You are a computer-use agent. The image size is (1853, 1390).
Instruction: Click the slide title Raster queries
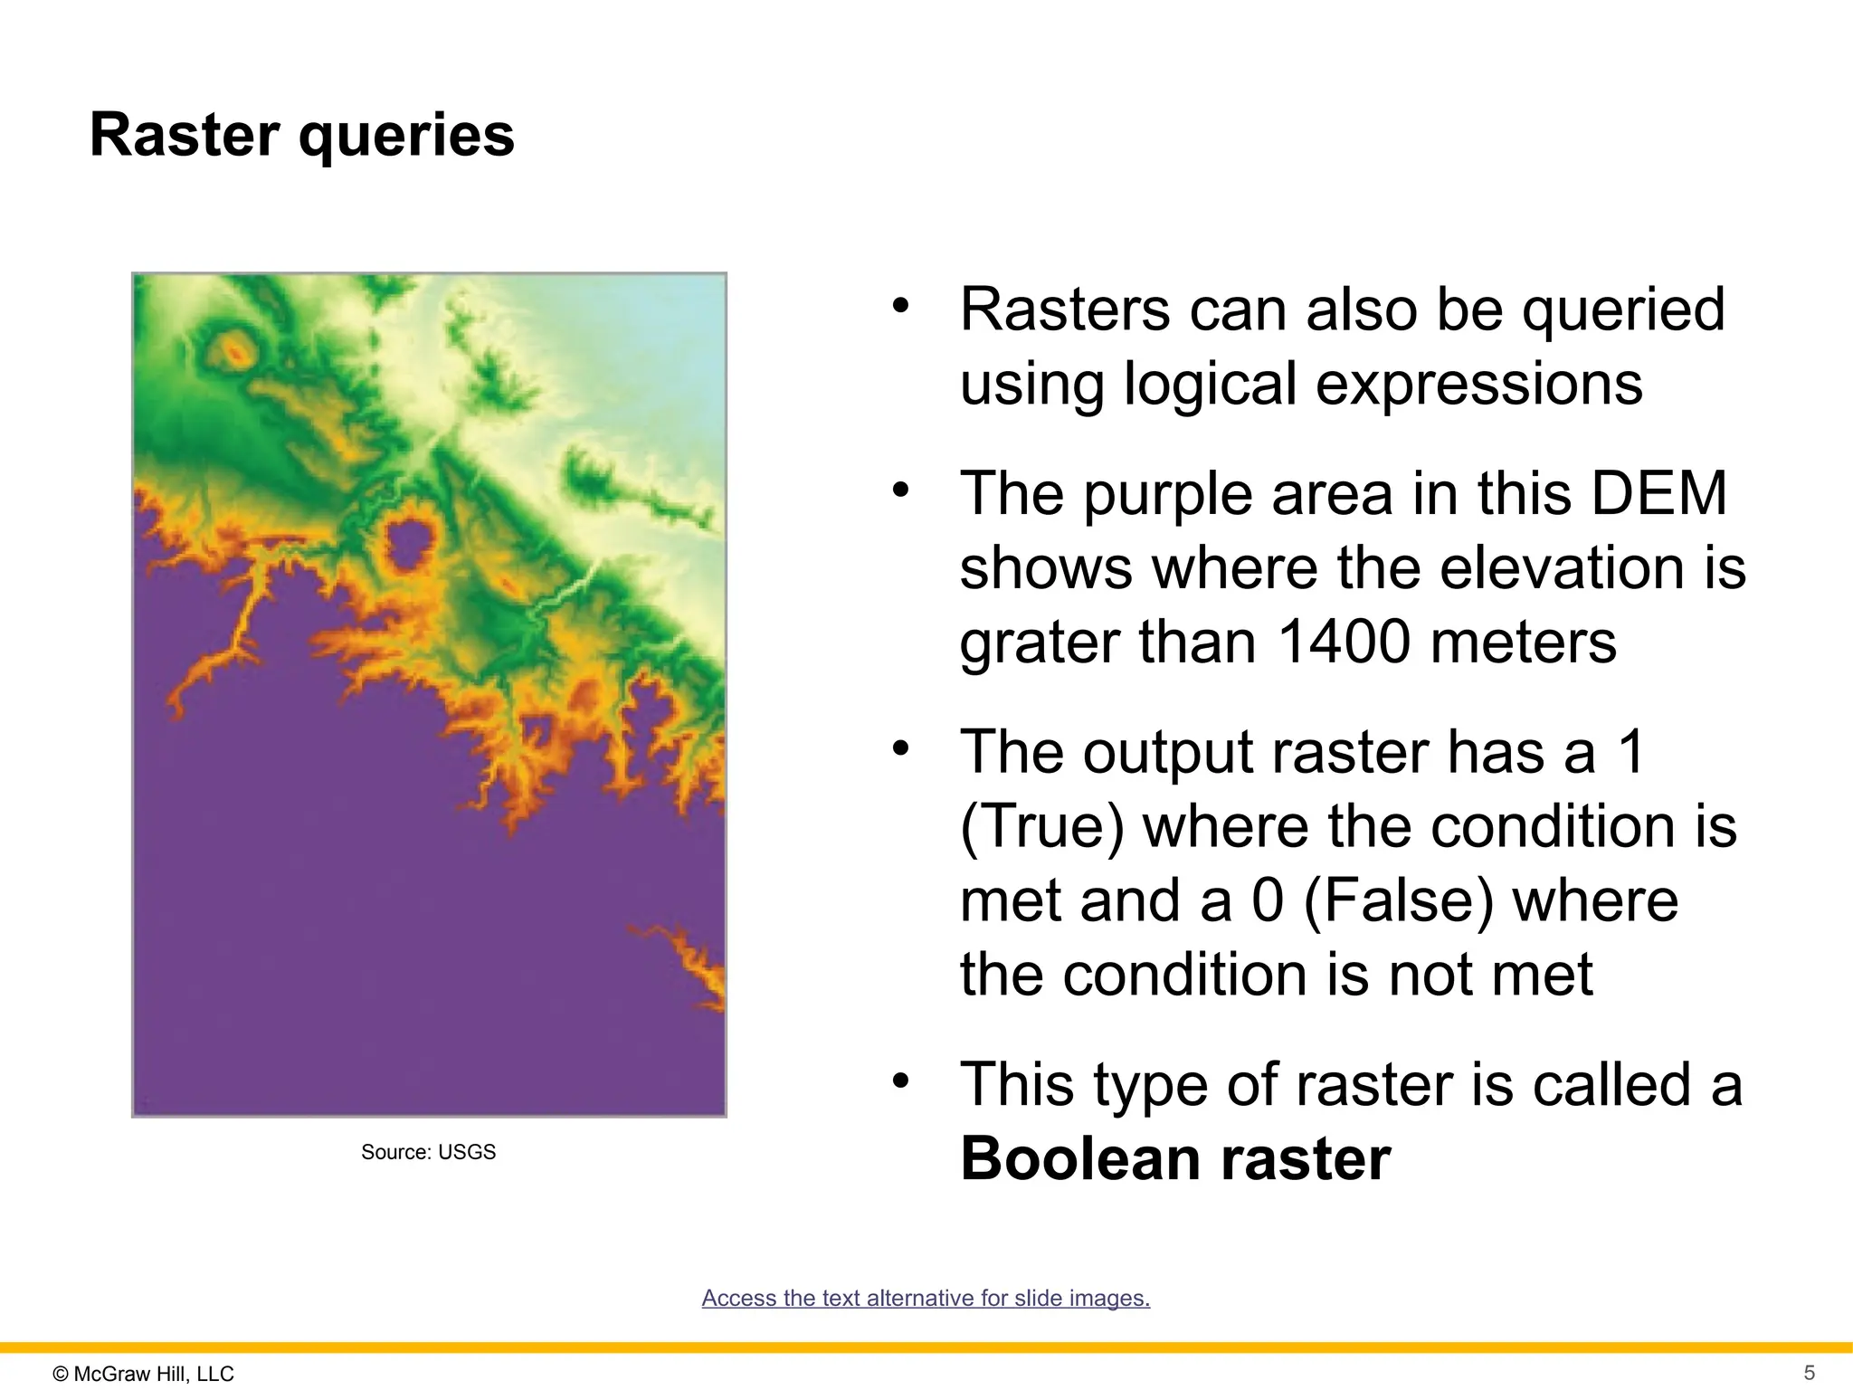pos(301,136)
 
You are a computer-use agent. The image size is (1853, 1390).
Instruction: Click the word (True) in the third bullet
pos(1041,826)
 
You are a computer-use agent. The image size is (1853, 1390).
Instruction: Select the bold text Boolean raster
pos(1174,1159)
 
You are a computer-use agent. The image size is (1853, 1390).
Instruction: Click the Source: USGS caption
pos(428,1152)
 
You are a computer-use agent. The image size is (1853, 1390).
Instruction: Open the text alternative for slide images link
pos(926,1298)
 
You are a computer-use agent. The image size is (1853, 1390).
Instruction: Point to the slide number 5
pos(1809,1373)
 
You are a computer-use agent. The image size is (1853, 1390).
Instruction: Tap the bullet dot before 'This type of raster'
pos(899,1081)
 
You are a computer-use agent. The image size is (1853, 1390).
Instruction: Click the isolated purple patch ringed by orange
pos(408,540)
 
